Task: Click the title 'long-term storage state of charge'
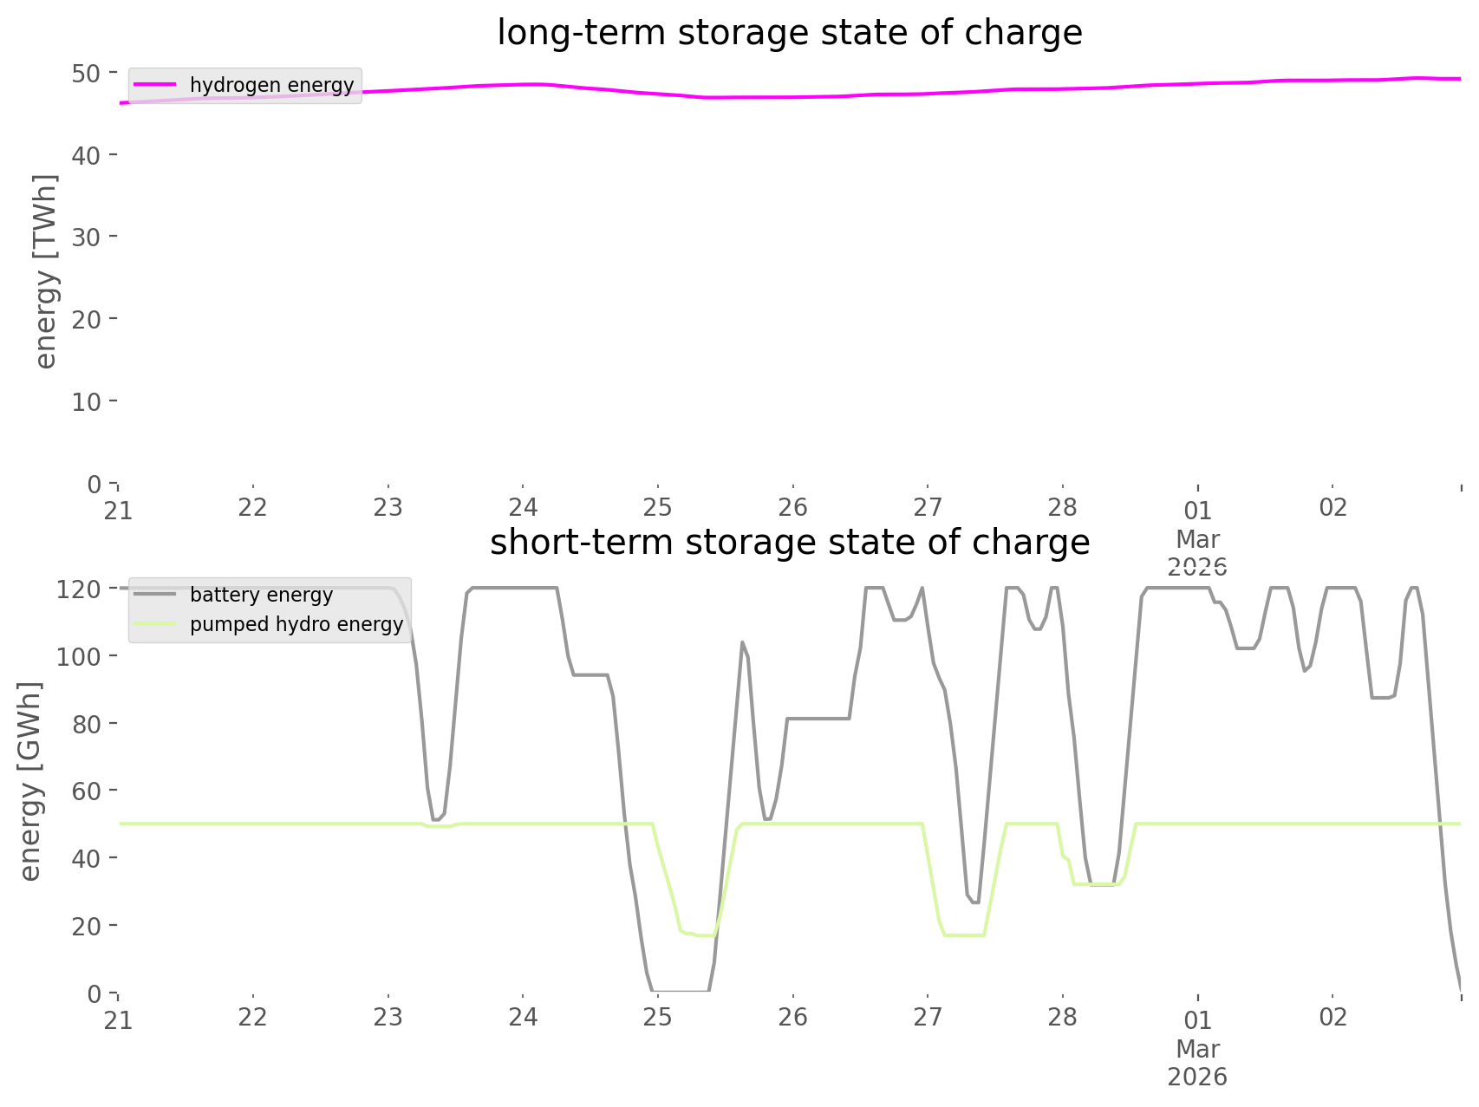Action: (x=789, y=33)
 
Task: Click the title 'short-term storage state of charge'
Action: (x=789, y=543)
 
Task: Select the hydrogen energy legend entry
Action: (x=271, y=85)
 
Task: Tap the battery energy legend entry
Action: (x=261, y=595)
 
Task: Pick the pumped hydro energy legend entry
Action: (x=296, y=624)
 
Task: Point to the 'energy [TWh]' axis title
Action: (x=45, y=271)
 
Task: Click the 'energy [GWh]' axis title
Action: (x=29, y=781)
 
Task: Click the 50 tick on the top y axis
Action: (x=86, y=73)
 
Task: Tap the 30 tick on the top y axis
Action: (x=86, y=237)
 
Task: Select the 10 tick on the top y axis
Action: (x=86, y=401)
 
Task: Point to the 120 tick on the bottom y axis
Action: (x=79, y=589)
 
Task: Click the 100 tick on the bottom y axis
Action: (x=79, y=656)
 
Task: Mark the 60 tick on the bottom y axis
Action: (x=86, y=791)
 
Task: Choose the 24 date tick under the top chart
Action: (x=523, y=507)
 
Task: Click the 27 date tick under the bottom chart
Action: (x=928, y=1017)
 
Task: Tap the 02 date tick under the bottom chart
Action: (x=1332, y=1017)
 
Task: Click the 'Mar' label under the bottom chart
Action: (x=1197, y=1049)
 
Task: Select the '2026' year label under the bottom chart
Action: (x=1197, y=1077)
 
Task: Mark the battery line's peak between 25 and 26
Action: (x=742, y=642)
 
